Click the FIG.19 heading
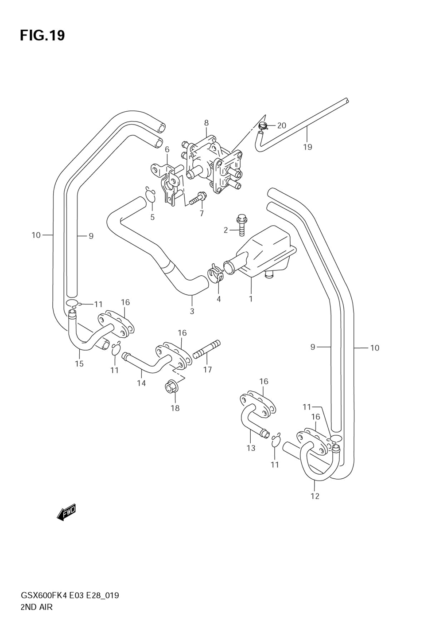pyautogui.click(x=42, y=35)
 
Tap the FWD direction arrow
pyautogui.click(x=66, y=512)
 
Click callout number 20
pyautogui.click(x=281, y=125)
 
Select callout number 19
pyautogui.click(x=307, y=147)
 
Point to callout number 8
pyautogui.click(x=206, y=123)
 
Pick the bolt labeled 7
pyautogui.click(x=197, y=199)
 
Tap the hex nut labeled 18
pyautogui.click(x=170, y=388)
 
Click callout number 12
pyautogui.click(x=315, y=496)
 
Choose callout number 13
pyautogui.click(x=251, y=448)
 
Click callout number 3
pyautogui.click(x=192, y=311)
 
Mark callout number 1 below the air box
pyautogui.click(x=251, y=299)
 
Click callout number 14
pyautogui.click(x=141, y=383)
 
